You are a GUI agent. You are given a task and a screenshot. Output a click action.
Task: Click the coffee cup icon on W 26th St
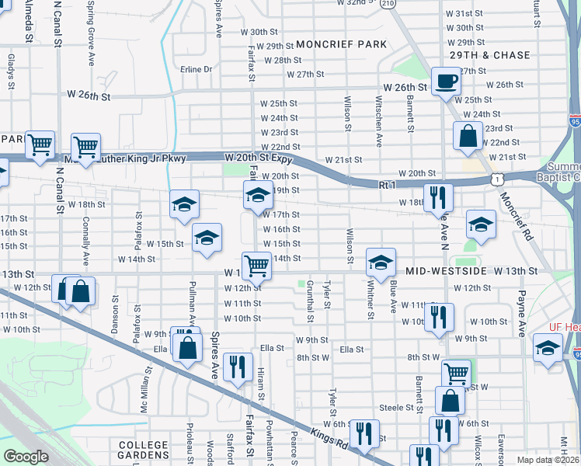coord(446,81)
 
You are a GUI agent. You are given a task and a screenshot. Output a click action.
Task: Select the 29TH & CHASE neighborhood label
coord(489,56)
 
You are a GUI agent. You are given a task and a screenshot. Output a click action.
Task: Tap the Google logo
coord(26,457)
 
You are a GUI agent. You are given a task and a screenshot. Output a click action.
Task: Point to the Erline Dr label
coord(196,69)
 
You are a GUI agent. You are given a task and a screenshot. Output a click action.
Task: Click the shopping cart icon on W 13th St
coord(256,266)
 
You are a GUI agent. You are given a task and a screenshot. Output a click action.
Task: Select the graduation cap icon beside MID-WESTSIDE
coord(381,263)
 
